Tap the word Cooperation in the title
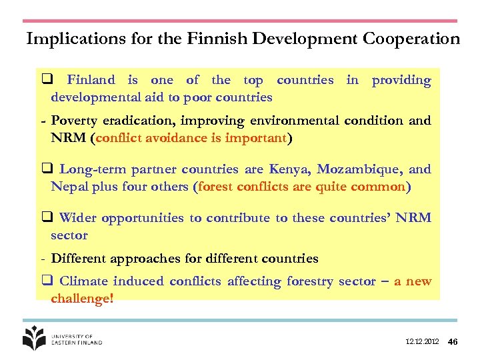pyautogui.click(x=411, y=39)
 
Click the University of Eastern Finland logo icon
pyautogui.click(x=34, y=338)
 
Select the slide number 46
pyautogui.click(x=453, y=342)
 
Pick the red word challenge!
pyautogui.click(x=82, y=299)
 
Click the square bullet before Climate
pyautogui.click(x=48, y=281)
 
